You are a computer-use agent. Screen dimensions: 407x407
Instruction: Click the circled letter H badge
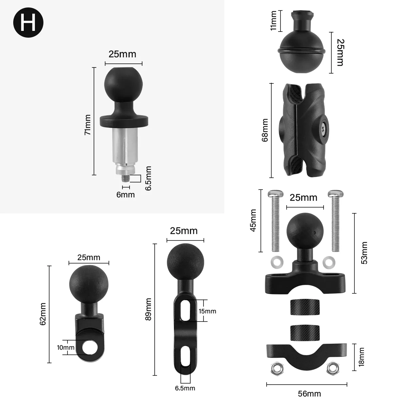pos(28,23)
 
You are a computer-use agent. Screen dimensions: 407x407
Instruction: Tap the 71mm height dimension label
pos(88,125)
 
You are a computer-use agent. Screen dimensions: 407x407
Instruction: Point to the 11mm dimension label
pos(274,20)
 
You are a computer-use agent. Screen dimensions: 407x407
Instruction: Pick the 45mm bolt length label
pos(253,220)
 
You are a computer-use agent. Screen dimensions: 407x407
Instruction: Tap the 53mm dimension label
pos(364,253)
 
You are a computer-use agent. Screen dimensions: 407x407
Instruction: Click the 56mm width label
pos(309,394)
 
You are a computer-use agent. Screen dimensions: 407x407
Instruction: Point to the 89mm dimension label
pos(148,310)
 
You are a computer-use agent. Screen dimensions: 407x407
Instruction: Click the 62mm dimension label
pos(43,314)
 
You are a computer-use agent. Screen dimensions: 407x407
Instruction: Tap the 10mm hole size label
pos(66,348)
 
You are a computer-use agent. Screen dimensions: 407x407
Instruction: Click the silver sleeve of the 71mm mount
pos(123,146)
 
